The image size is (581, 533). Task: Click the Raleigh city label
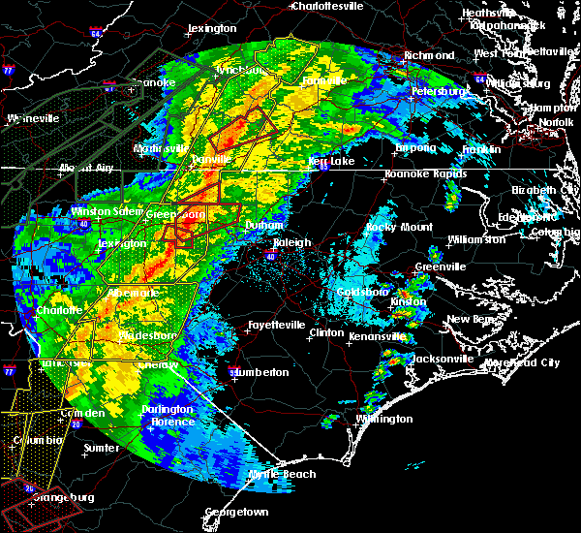(291, 243)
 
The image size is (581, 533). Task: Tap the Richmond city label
(429, 55)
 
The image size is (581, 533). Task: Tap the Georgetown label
(236, 511)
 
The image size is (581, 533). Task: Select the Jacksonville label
(443, 359)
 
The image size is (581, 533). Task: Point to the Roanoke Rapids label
(419, 173)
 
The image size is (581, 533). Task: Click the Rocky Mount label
(398, 227)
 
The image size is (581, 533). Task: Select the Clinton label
(325, 332)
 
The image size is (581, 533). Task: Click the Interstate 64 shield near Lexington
(96, 34)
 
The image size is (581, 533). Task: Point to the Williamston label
(476, 238)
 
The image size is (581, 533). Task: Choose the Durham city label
(263, 225)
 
